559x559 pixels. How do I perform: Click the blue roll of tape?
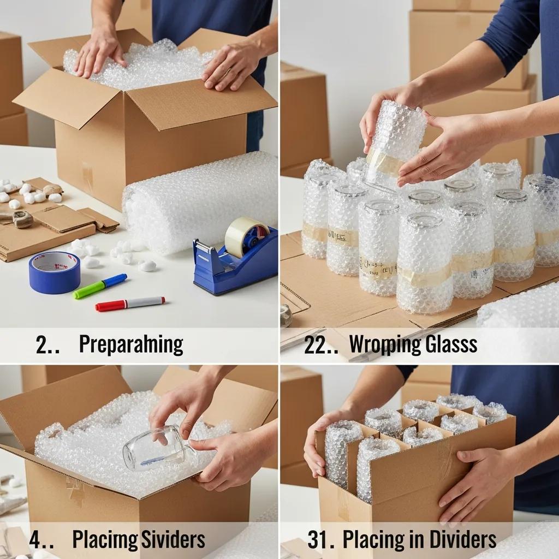(54, 271)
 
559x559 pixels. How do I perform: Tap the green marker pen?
(100, 286)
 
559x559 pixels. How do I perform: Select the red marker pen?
(130, 304)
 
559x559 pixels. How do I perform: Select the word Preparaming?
(130, 345)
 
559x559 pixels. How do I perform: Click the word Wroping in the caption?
(379, 345)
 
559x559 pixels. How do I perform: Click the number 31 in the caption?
(320, 540)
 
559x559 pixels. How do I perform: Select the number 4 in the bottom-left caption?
(34, 540)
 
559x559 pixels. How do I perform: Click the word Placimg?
(103, 540)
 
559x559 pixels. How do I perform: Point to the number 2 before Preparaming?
(41, 345)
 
